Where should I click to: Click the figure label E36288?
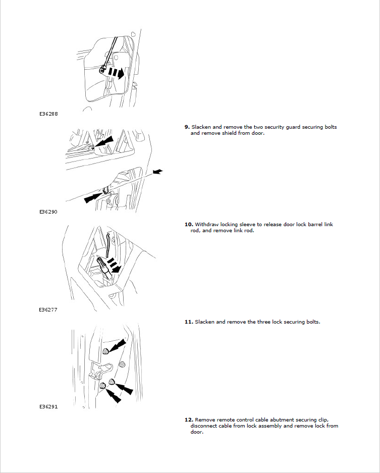point(48,114)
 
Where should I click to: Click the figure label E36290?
point(48,212)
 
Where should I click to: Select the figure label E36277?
point(48,310)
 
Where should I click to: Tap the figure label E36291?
point(48,407)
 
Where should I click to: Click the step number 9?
point(187,127)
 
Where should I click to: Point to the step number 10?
point(189,225)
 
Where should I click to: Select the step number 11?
point(189,322)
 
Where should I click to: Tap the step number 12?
point(189,419)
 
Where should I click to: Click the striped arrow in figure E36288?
point(116,73)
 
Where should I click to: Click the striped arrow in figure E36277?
point(114,265)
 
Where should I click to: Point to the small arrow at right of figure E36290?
point(158,172)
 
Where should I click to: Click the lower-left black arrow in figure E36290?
point(94,197)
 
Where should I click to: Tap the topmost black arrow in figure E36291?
point(117,345)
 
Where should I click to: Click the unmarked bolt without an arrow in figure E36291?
point(122,364)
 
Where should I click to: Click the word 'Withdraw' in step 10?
point(206,225)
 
